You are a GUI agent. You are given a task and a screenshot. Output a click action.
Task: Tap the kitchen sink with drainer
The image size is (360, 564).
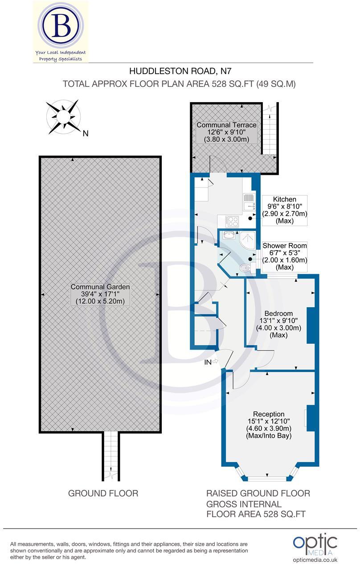tap(249, 202)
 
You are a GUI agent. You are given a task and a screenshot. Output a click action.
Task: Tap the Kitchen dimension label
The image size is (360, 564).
tap(284, 210)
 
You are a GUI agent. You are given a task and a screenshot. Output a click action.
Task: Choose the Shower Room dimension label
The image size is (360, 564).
tap(284, 256)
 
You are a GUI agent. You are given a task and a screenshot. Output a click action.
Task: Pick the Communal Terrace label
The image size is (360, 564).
tap(226, 132)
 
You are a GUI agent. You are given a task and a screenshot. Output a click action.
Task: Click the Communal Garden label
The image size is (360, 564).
tap(100, 294)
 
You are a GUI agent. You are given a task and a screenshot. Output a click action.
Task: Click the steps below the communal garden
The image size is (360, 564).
tap(111, 457)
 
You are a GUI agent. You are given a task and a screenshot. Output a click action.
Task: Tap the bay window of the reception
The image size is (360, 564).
tap(266, 477)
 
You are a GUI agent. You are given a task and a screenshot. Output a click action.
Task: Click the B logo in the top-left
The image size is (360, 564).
tap(61, 27)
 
